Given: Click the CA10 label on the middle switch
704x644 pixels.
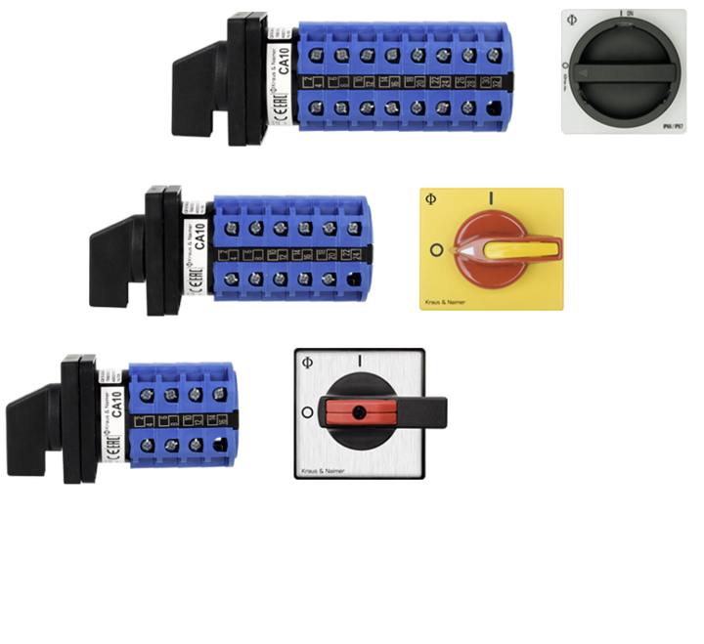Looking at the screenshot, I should click(199, 236).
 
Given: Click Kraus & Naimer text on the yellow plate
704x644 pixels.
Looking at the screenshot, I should click(446, 303).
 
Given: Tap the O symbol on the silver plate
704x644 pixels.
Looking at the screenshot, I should click(308, 412).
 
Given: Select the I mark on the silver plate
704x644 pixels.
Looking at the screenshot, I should click(361, 362).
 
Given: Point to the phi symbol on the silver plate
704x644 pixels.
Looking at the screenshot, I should click(308, 362).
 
